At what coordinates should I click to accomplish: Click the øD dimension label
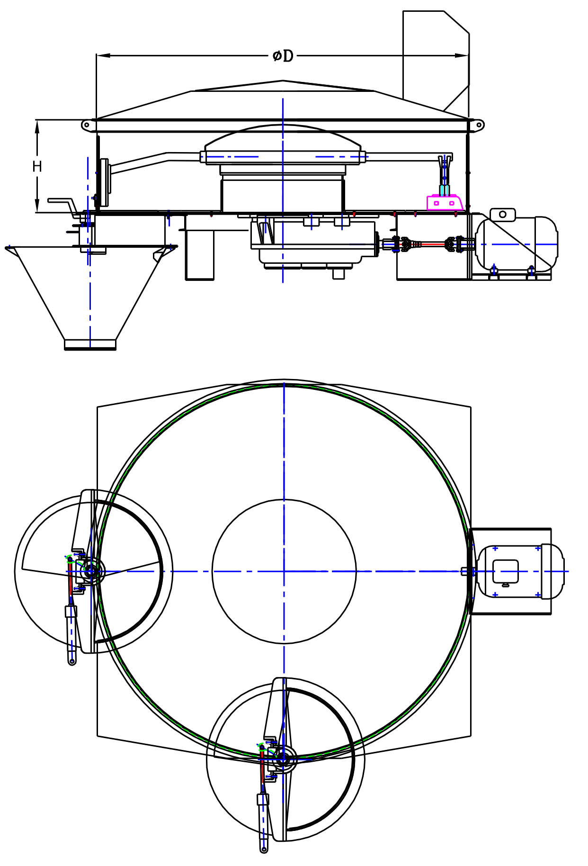coord(283,56)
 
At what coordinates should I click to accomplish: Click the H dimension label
coord(37,166)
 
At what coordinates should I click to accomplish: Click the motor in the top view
coord(520,571)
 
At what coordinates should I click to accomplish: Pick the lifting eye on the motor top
coord(502,214)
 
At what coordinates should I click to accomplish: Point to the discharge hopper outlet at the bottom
coord(90,344)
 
